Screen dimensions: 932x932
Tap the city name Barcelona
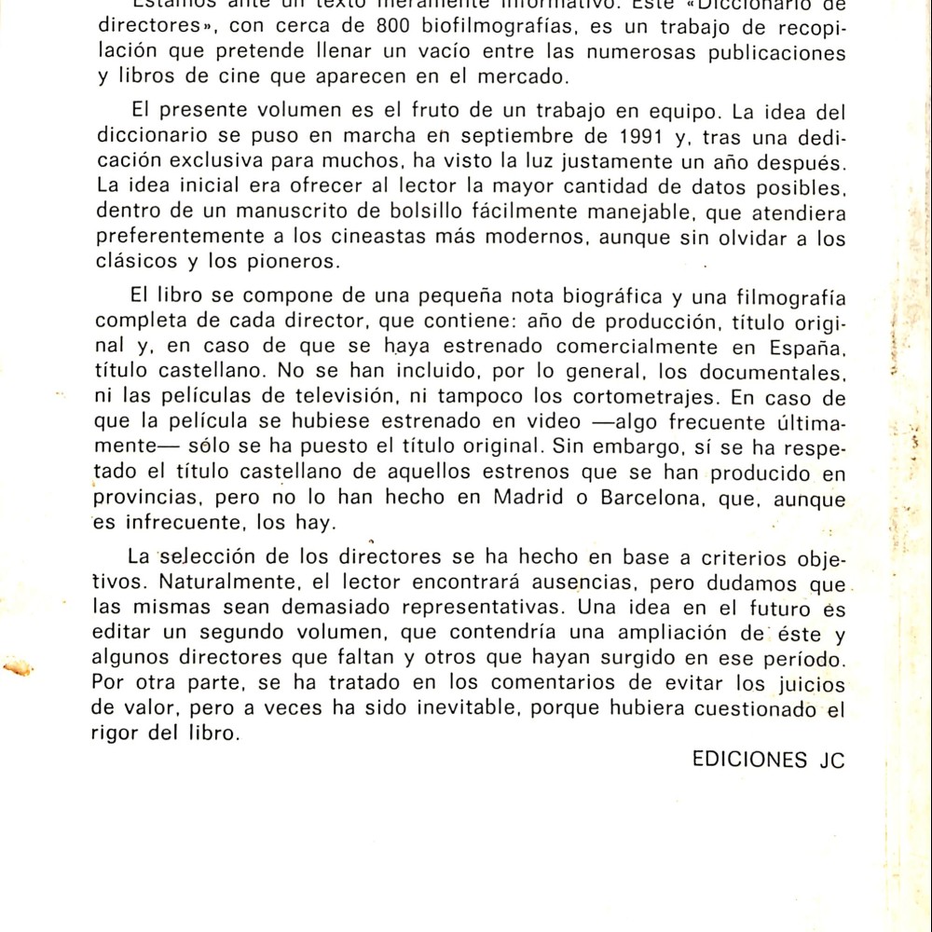644,498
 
